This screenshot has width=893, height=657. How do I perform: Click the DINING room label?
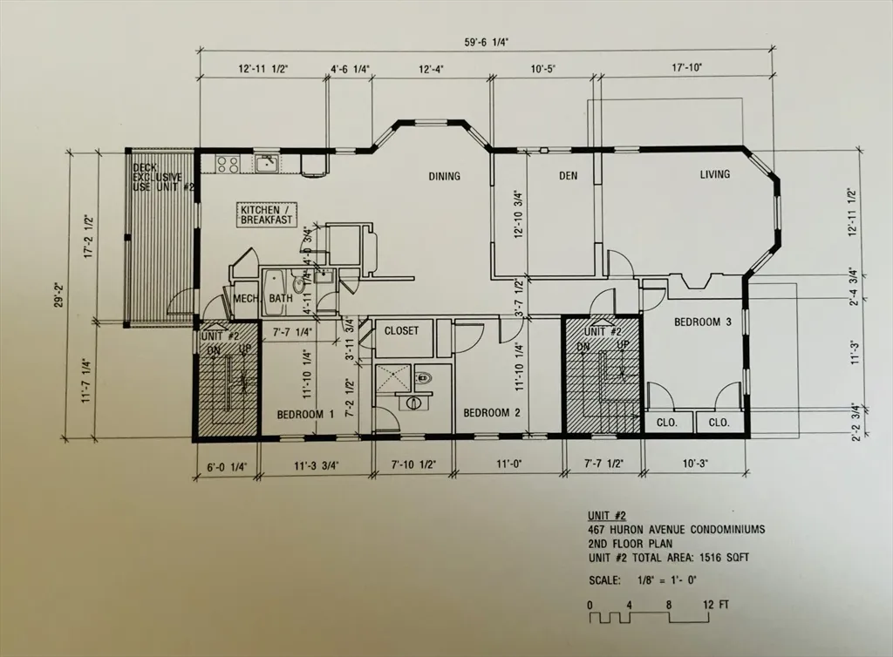click(x=444, y=177)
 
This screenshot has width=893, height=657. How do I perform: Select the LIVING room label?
click(x=715, y=175)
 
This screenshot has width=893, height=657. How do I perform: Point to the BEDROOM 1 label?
click(x=305, y=414)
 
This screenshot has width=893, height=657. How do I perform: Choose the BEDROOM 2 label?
click(x=492, y=413)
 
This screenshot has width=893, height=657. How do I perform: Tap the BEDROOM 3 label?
click(x=703, y=322)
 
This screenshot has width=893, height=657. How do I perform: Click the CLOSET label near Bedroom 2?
click(x=402, y=331)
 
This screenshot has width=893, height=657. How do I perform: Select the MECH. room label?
click(x=245, y=300)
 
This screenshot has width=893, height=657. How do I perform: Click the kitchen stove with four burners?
click(x=228, y=163)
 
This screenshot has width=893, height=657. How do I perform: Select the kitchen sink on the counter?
click(x=266, y=163)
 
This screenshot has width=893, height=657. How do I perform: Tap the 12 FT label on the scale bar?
click(x=717, y=604)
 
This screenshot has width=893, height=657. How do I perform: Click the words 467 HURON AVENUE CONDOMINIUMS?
click(x=664, y=529)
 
